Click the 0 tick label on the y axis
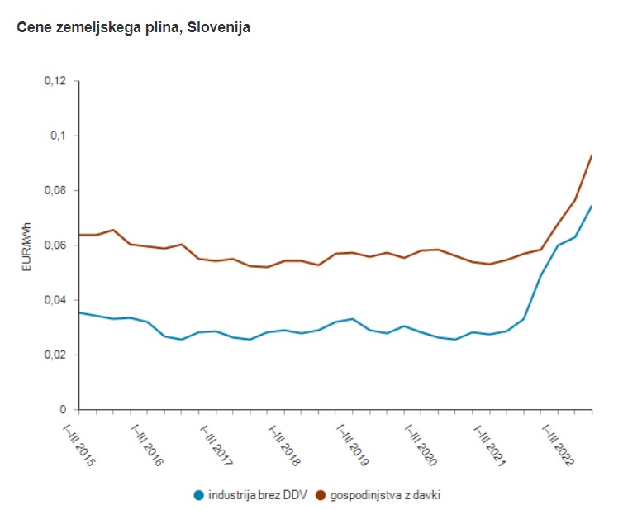tap(63, 409)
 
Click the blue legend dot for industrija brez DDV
tap(198, 495)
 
